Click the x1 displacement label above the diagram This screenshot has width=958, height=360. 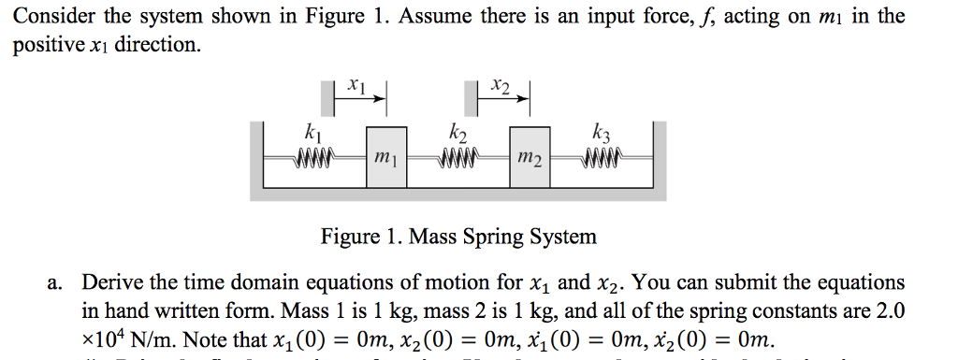tap(356, 85)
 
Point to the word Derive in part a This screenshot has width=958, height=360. tap(111, 282)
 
